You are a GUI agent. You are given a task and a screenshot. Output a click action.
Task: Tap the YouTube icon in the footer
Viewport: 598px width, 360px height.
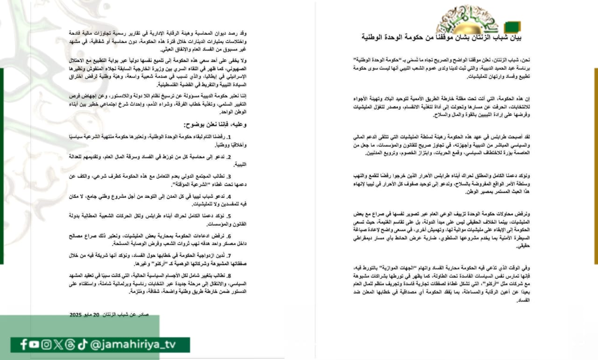34,345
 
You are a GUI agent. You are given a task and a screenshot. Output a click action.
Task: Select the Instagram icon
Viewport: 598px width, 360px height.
46,345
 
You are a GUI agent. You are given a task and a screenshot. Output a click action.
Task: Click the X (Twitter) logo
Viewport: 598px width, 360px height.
58,345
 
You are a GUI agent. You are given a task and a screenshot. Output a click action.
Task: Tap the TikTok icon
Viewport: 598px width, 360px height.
82,345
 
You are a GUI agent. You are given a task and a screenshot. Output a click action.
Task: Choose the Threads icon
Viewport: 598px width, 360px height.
70,345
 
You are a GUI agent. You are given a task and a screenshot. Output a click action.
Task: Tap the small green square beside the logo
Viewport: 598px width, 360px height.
513,27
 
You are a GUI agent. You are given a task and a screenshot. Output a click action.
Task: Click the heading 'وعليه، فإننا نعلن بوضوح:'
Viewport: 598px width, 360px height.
214,125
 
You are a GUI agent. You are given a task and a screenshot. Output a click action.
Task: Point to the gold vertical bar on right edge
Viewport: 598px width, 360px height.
596,166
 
